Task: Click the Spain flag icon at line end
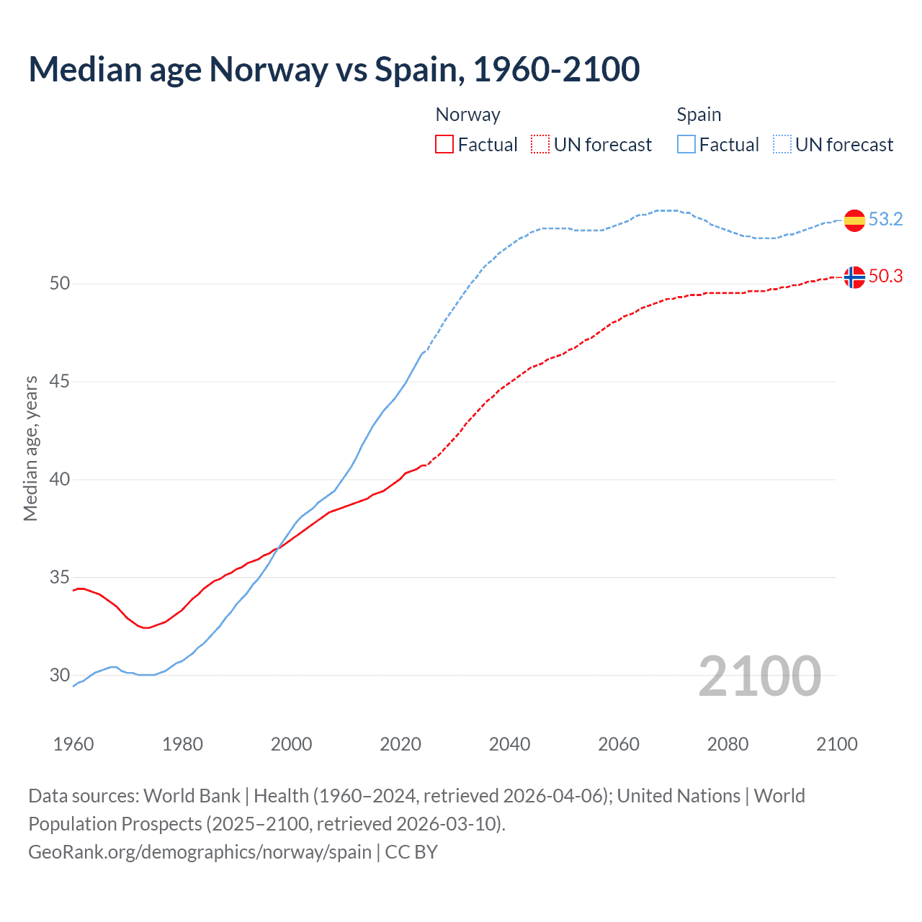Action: click(x=854, y=220)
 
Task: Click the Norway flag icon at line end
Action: click(x=854, y=277)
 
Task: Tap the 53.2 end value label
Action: click(x=885, y=219)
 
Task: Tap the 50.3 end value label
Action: click(x=885, y=276)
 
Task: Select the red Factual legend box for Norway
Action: click(x=444, y=145)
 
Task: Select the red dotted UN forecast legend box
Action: click(x=540, y=145)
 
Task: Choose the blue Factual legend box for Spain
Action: click(x=686, y=145)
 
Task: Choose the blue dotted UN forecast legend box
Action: click(x=782, y=145)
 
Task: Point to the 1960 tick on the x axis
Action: click(x=73, y=744)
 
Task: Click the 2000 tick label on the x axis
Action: click(x=292, y=744)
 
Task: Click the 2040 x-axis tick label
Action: click(x=510, y=744)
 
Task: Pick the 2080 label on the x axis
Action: click(x=728, y=744)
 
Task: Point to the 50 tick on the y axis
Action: click(x=60, y=283)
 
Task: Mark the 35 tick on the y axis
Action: click(x=60, y=577)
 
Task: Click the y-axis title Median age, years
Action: click(x=30, y=448)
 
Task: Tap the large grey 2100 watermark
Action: click(x=760, y=676)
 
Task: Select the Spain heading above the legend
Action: click(x=699, y=115)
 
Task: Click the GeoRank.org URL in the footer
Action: click(x=200, y=851)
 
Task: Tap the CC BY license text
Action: click(x=411, y=851)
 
